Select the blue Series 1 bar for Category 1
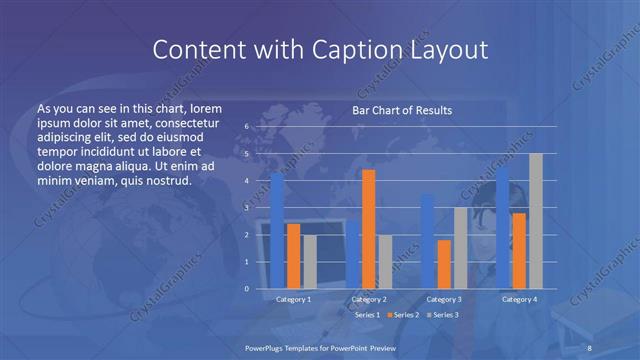point(277,231)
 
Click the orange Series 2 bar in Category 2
point(368,229)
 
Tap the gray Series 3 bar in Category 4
point(535,221)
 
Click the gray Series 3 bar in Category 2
point(385,262)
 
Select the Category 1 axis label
point(293,299)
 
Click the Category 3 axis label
point(443,299)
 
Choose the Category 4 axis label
point(519,299)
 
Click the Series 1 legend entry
point(364,315)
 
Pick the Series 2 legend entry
point(403,315)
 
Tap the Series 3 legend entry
point(442,315)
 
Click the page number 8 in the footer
point(590,346)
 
